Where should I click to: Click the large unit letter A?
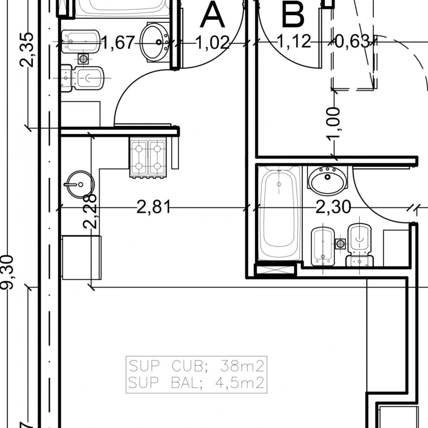tap(212, 15)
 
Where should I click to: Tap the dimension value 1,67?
tap(118, 43)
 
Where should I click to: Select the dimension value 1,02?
tap(212, 43)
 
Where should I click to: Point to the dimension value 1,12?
tap(294, 41)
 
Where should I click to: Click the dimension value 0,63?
tap(352, 41)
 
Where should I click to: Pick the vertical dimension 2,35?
tap(27, 50)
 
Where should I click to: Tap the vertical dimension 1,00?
tap(333, 123)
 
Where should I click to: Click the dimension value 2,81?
tap(154, 207)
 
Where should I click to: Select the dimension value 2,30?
tap(333, 207)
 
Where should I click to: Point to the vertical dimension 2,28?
tap(90, 212)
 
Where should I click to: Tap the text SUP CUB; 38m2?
tap(196, 366)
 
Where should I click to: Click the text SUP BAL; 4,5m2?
tap(196, 383)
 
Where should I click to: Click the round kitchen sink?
tap(80, 184)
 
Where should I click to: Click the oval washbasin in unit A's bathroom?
tap(155, 42)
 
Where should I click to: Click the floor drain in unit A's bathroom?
tap(83, 58)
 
